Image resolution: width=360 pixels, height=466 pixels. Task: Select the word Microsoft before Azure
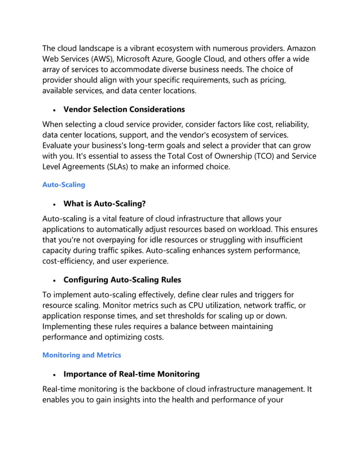148,59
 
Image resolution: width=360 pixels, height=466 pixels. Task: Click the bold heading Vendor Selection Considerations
124,109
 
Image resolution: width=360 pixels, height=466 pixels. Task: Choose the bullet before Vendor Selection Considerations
53,109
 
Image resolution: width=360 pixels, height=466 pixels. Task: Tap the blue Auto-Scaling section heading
64,184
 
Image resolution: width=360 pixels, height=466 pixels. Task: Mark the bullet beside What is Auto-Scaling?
53,204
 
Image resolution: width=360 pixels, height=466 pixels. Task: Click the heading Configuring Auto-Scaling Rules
122,279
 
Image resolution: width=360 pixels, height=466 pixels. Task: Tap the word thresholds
207,316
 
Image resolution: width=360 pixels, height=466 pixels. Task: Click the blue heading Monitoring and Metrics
82,355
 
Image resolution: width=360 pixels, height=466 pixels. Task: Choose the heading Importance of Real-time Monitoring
131,373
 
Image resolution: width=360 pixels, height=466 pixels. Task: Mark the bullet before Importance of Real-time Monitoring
53,374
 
